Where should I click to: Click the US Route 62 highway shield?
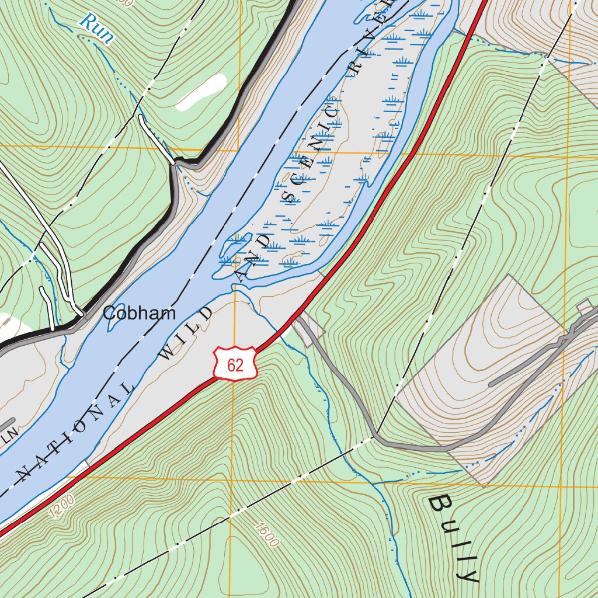[235, 364]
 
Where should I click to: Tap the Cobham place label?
[139, 314]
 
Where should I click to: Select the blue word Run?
[96, 29]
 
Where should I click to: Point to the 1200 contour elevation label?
[62, 506]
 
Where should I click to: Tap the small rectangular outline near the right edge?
[584, 307]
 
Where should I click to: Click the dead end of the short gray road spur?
[491, 384]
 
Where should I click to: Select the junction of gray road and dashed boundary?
[375, 435]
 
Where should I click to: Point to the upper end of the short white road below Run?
[141, 117]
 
